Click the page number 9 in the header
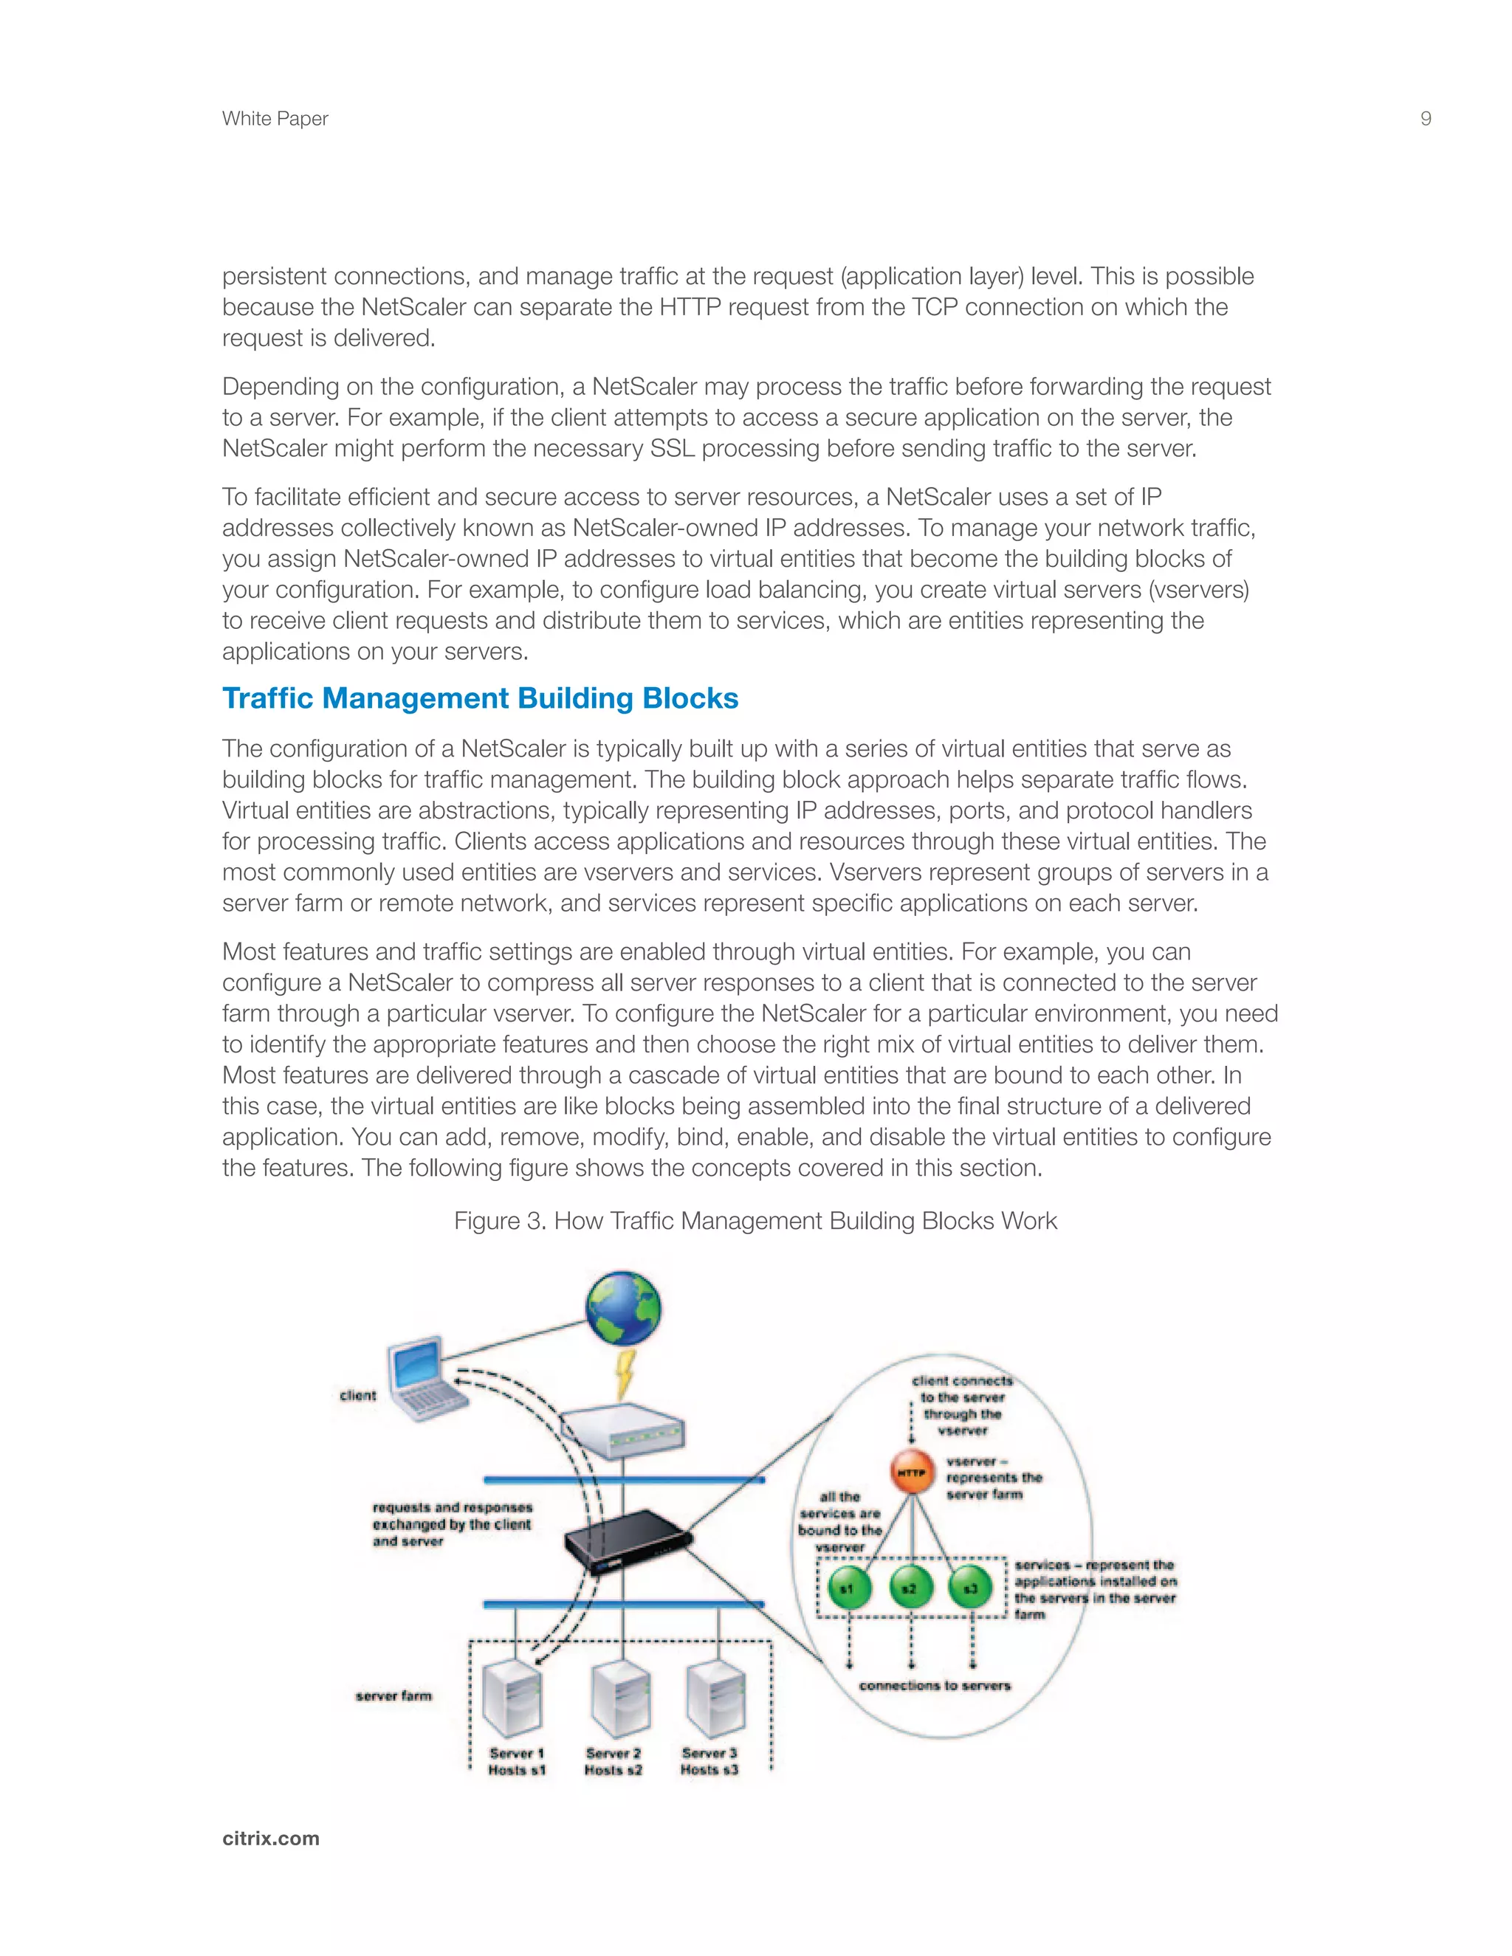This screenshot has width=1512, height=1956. click(x=1425, y=118)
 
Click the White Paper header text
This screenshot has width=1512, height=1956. click(x=275, y=118)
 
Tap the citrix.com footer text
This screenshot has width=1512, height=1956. click(x=270, y=1838)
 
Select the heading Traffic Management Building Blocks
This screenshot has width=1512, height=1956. click(x=480, y=698)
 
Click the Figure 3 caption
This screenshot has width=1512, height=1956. click(x=755, y=1221)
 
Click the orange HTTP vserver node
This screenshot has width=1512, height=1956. click(x=912, y=1473)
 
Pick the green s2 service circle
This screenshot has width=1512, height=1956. click(x=910, y=1589)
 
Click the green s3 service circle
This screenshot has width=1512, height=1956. click(x=971, y=1589)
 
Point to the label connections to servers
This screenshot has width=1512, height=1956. click(x=934, y=1686)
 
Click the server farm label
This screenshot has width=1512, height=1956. click(x=394, y=1695)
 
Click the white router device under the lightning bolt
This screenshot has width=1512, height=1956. click(x=622, y=1431)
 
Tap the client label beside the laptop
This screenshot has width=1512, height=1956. click(x=357, y=1394)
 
